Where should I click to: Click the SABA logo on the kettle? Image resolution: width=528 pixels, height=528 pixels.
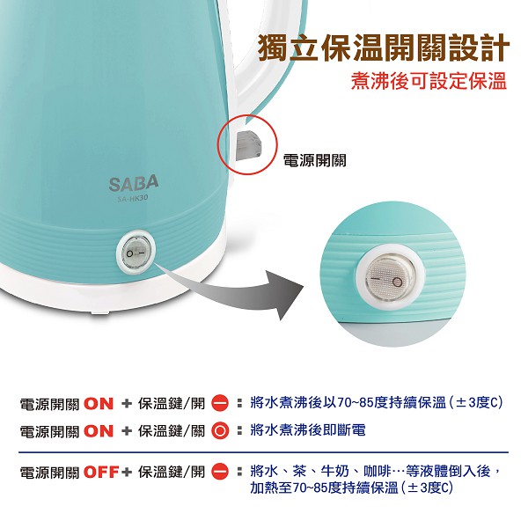coord(134,183)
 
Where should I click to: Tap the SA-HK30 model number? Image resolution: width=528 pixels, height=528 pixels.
coord(133,198)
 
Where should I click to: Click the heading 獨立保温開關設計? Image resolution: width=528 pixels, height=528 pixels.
coord(384,48)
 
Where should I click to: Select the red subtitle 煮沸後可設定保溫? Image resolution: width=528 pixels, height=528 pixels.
coord(429,81)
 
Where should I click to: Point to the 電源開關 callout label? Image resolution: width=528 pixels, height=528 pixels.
coord(315,160)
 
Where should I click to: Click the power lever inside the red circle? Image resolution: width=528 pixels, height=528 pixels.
coord(248,145)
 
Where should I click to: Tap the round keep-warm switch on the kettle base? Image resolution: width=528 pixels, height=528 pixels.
coord(136,252)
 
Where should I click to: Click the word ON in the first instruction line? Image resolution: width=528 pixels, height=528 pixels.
coord(99,404)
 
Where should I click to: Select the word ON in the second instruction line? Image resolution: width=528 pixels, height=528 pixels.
coord(99,431)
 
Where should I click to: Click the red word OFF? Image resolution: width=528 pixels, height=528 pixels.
coord(101,472)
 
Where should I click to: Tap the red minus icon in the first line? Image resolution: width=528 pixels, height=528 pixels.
coord(220,404)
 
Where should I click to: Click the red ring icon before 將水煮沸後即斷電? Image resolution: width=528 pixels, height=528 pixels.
coord(220,431)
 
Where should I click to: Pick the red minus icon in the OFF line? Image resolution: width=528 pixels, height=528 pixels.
coord(220,472)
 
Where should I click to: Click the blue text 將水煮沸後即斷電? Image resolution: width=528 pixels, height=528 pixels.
coord(308,430)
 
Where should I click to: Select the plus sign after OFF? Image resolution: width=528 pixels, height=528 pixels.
coord(127,472)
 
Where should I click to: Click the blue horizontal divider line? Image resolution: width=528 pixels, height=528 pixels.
coord(263,452)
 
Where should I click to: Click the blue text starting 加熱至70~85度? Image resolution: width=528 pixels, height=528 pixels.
coord(352,488)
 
